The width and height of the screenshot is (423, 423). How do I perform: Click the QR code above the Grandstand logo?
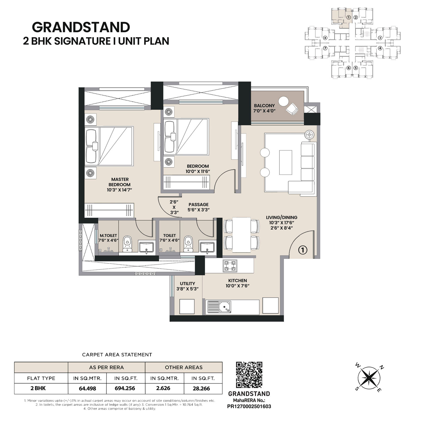(x=249, y=375)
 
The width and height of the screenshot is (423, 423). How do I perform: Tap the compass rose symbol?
(x=369, y=378)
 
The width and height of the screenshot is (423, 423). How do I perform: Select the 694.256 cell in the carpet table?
(x=125, y=388)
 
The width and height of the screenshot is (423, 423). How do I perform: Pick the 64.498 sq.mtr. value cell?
(x=87, y=388)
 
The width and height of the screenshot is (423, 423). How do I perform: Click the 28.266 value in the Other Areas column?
(x=201, y=388)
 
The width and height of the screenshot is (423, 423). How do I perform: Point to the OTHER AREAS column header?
(x=184, y=367)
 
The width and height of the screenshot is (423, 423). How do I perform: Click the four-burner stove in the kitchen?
(x=230, y=266)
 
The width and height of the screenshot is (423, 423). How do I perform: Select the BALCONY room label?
(x=264, y=106)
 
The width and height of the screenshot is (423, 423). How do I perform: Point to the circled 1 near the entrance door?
(x=303, y=250)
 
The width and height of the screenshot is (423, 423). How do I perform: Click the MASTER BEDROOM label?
(x=120, y=182)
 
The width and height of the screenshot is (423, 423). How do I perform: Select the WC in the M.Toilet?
(x=128, y=244)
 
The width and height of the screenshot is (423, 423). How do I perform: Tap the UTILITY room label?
(x=188, y=283)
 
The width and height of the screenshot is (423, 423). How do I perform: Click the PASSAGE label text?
(x=199, y=204)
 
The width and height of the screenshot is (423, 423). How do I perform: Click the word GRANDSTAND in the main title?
(x=81, y=27)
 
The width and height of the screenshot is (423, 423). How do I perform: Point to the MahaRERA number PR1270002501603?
(x=249, y=406)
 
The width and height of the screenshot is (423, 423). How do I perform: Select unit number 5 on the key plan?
(x=356, y=68)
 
